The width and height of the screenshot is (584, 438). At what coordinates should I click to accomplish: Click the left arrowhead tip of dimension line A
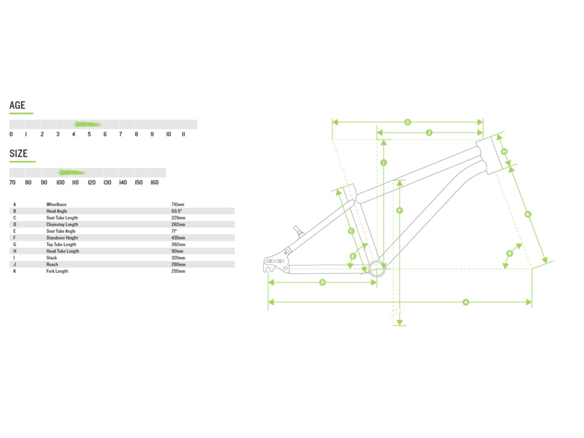(269, 302)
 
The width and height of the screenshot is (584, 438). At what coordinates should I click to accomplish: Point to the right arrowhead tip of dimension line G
(482, 122)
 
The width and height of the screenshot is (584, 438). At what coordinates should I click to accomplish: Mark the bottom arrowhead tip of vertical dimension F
(400, 325)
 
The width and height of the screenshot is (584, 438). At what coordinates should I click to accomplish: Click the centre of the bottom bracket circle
(376, 269)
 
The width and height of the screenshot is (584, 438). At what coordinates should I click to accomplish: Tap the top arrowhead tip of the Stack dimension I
(384, 140)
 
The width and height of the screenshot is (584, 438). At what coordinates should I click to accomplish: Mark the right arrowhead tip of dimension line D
(376, 282)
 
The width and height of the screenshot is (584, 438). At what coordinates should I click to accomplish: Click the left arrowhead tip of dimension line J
(377, 132)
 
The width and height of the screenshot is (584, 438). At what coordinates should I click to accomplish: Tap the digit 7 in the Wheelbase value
(172, 205)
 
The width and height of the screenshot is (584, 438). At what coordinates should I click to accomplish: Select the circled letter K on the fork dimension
(528, 214)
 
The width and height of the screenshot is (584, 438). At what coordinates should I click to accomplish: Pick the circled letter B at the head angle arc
(509, 253)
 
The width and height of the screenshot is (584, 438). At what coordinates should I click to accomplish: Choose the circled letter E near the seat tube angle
(353, 256)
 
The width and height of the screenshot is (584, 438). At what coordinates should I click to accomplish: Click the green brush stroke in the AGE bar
(87, 124)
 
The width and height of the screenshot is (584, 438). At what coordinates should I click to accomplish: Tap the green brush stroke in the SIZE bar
(72, 172)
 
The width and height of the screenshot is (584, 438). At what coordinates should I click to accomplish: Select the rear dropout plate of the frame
(277, 262)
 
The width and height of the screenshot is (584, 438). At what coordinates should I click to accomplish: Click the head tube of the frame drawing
(490, 155)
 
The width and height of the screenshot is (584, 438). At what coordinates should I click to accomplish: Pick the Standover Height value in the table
(178, 238)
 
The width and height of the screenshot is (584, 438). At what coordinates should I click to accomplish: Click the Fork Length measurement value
(178, 271)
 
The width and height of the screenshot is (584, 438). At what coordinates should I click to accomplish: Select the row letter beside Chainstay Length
(14, 225)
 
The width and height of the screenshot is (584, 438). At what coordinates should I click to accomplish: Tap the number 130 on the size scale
(107, 182)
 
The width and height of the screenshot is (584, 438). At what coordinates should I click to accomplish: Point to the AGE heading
(18, 106)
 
